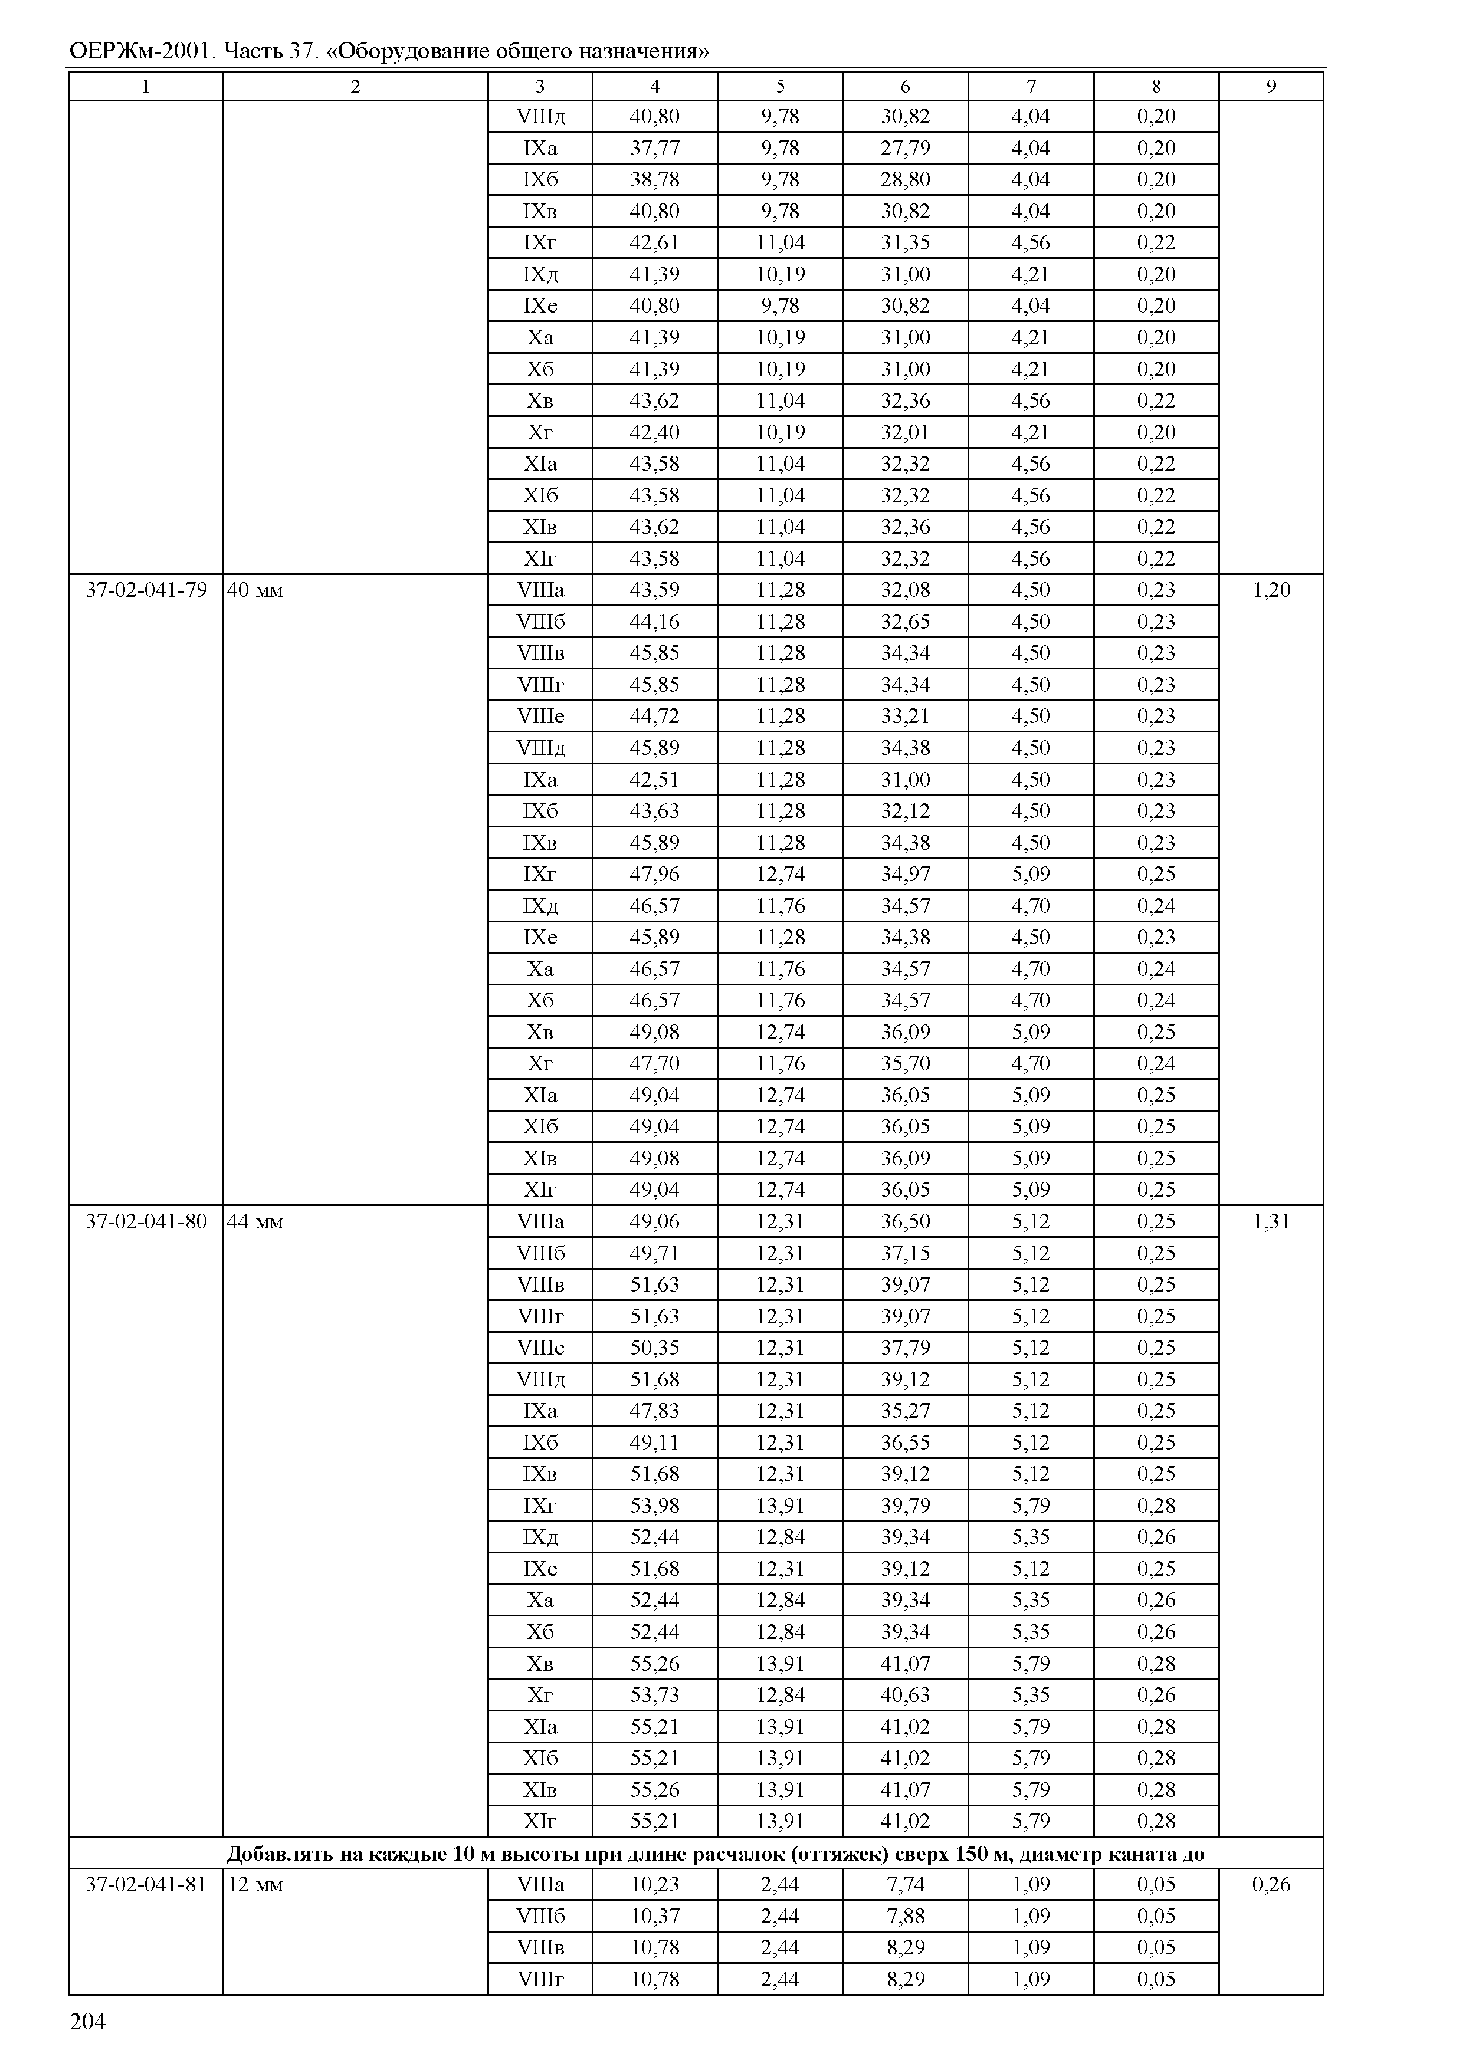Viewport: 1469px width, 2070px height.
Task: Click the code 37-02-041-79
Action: click(x=146, y=590)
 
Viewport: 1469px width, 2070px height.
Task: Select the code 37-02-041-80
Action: click(x=146, y=1222)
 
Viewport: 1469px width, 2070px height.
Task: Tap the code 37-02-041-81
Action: click(x=146, y=1885)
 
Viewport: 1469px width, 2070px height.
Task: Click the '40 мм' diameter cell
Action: click(x=255, y=590)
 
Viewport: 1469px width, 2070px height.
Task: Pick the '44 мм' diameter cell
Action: click(x=255, y=1222)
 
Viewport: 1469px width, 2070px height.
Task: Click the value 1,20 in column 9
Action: click(x=1271, y=590)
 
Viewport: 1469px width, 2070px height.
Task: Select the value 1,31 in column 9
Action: click(x=1271, y=1222)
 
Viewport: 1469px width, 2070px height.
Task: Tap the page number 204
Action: click(x=88, y=2021)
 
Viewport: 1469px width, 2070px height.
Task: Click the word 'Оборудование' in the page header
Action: click(x=415, y=51)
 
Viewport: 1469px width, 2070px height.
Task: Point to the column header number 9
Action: click(x=1271, y=86)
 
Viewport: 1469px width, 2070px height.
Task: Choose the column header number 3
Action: click(x=540, y=86)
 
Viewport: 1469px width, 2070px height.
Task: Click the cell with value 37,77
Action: click(x=654, y=148)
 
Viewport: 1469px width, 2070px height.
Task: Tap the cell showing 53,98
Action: click(x=654, y=1506)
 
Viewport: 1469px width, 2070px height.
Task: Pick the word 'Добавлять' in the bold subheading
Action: click(x=280, y=1854)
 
